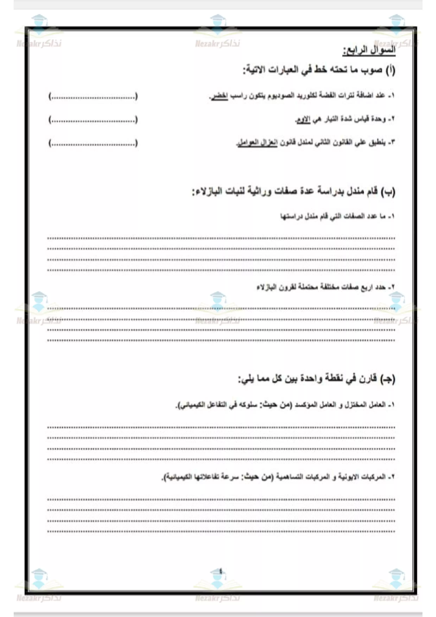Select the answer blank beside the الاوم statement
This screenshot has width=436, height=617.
pyautogui.click(x=93, y=120)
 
